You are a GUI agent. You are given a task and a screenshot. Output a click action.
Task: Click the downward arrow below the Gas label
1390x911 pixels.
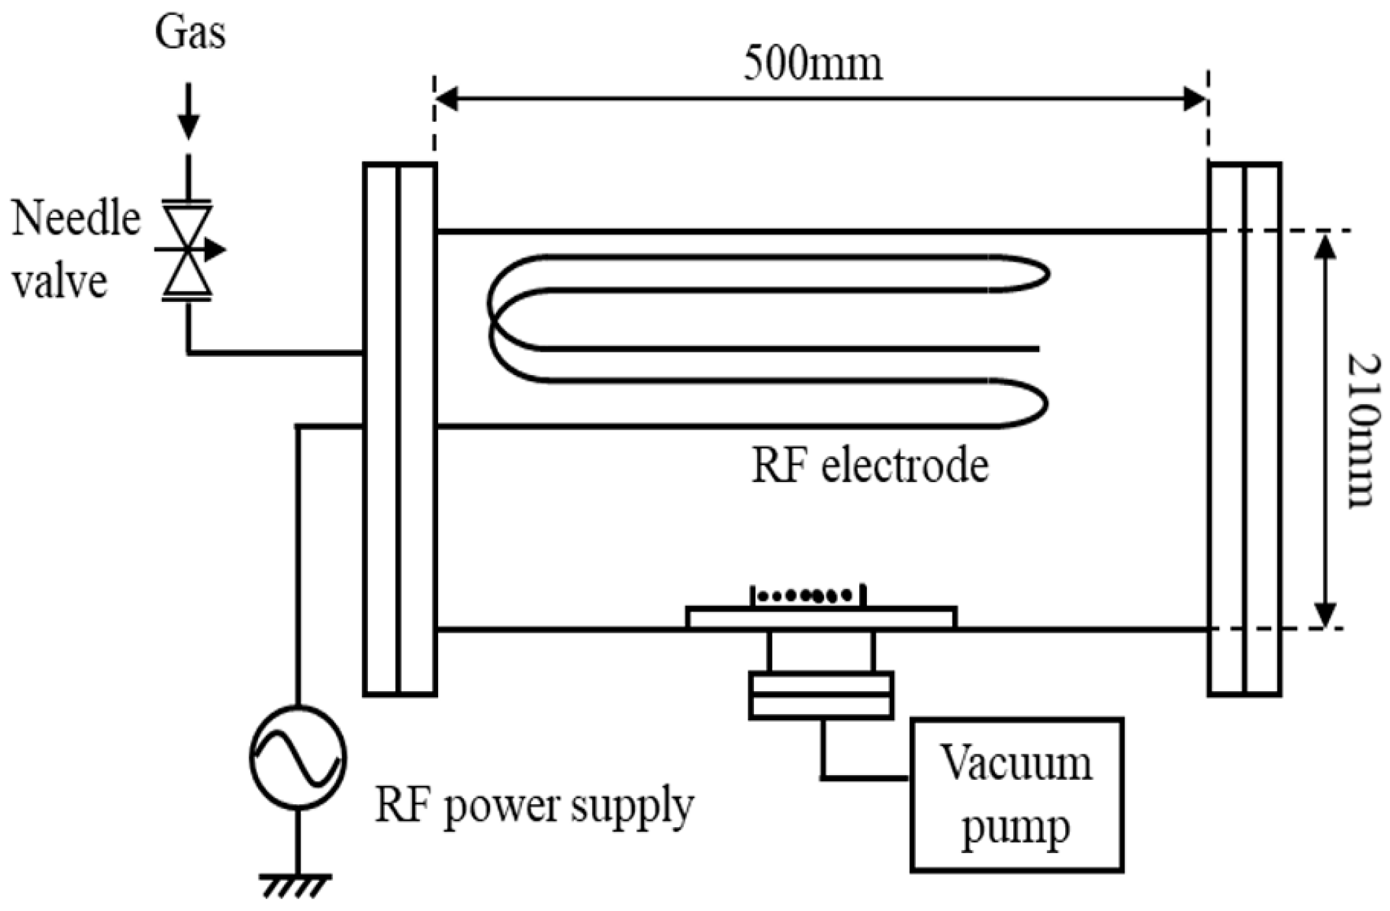coord(189,112)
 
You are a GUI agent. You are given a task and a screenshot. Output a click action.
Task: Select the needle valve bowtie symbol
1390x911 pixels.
coord(187,250)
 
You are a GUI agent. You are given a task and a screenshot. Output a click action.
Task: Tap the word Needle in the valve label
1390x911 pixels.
coord(76,219)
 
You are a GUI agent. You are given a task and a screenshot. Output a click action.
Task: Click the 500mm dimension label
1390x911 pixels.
coord(813,64)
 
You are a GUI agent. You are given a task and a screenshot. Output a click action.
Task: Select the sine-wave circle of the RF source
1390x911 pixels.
coord(298,758)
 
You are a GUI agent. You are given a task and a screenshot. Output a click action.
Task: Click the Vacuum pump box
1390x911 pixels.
coord(1016,795)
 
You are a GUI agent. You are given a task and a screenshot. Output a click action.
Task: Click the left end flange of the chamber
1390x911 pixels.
coord(400,430)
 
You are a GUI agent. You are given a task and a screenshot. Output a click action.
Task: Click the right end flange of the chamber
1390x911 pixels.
coord(1244,430)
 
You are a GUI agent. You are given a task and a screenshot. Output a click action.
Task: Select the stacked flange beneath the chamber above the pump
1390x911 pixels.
coord(821,695)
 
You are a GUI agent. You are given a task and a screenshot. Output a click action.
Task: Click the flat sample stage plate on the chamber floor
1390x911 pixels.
coord(821,617)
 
